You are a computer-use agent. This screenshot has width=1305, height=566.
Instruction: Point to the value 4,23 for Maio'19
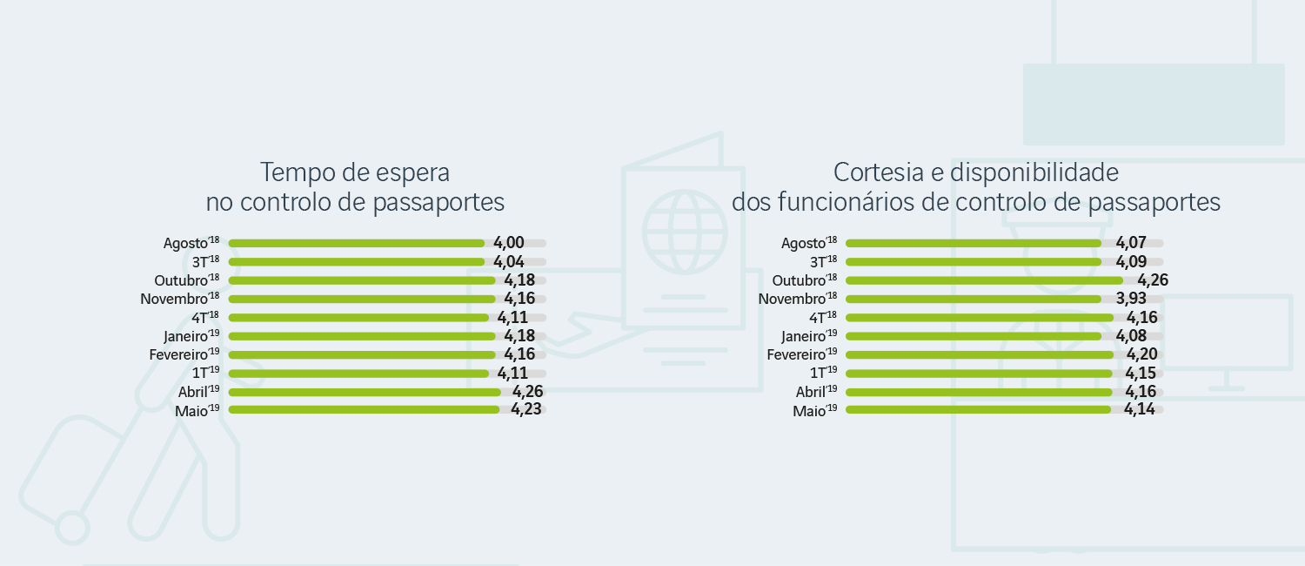pyautogui.click(x=526, y=409)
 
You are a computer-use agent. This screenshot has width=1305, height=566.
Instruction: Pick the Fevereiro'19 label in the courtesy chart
pyautogui.click(x=801, y=354)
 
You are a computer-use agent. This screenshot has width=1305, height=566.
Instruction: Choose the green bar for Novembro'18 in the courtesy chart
pyautogui.click(x=973, y=299)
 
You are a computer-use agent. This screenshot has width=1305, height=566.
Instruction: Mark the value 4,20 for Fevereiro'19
pyautogui.click(x=1142, y=354)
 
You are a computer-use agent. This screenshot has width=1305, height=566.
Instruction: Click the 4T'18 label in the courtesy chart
pyautogui.click(x=822, y=317)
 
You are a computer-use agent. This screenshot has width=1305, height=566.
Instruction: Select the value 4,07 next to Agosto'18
pyautogui.click(x=1131, y=243)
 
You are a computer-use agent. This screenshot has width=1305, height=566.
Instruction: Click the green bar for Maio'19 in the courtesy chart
pyautogui.click(x=978, y=409)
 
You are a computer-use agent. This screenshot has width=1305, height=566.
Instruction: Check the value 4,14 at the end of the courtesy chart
pyautogui.click(x=1140, y=409)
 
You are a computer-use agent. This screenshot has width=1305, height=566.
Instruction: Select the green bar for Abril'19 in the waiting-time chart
pyautogui.click(x=365, y=392)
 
